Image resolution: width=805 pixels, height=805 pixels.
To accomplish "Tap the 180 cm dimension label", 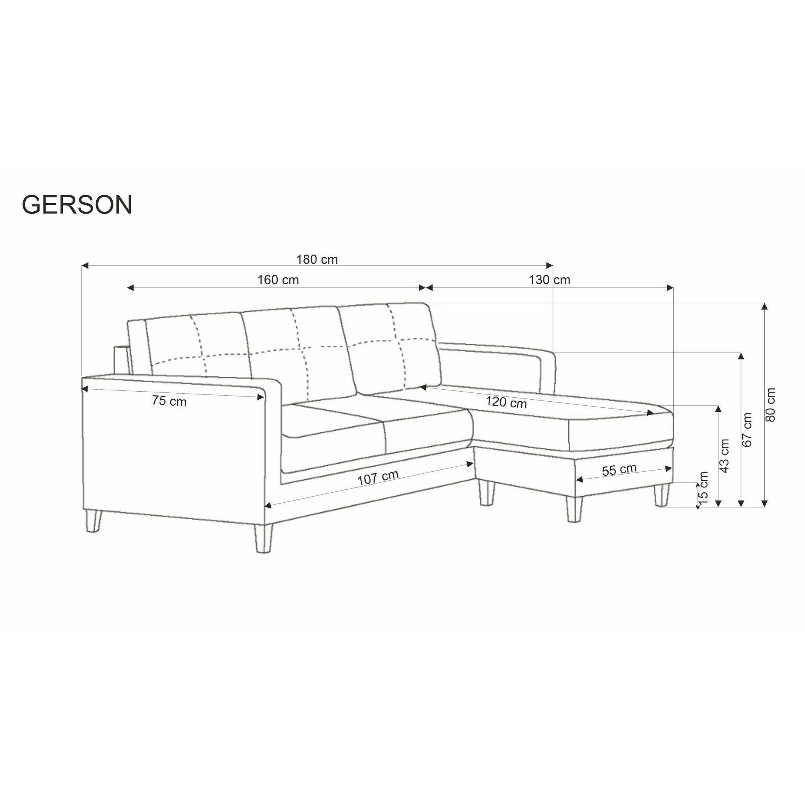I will (x=317, y=260).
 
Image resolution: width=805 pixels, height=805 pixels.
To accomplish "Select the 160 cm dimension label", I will (x=278, y=280).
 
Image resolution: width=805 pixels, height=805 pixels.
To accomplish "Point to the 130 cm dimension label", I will (x=549, y=280).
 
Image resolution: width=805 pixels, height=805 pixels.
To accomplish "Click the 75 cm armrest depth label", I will (x=169, y=401).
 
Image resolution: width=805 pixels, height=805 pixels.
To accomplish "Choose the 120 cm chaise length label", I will (x=506, y=402).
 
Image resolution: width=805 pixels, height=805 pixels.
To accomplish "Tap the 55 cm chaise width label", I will (x=619, y=470).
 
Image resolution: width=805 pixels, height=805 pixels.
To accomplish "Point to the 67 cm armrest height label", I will (x=747, y=429).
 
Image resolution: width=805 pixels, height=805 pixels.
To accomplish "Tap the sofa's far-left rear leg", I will (x=93, y=522).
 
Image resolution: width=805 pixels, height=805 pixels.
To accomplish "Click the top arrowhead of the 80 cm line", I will (x=764, y=307).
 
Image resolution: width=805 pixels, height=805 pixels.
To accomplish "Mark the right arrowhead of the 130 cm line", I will (x=670, y=287).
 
